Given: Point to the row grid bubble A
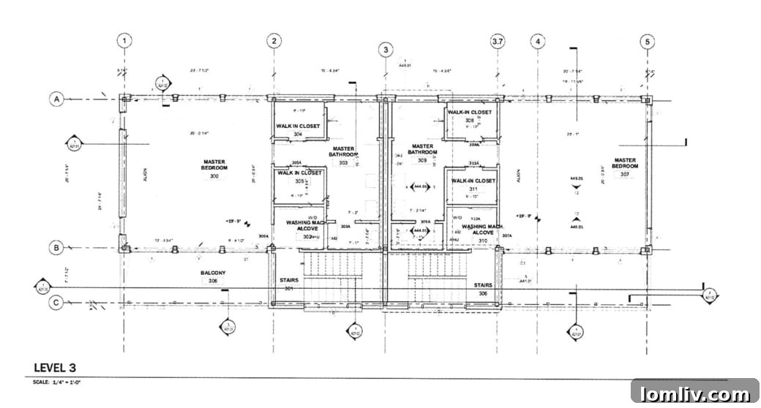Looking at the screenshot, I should pyautogui.click(x=56, y=98).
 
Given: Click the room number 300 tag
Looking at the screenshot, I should pyautogui.click(x=214, y=176).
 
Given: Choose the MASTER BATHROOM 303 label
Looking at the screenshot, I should pyautogui.click(x=343, y=156).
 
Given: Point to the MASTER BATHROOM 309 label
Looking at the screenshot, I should pyautogui.click(x=422, y=153).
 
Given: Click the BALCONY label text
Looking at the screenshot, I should pyautogui.click(x=213, y=273).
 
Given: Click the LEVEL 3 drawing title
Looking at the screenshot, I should pyautogui.click(x=55, y=367).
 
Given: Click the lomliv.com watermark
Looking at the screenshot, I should pyautogui.click(x=694, y=394).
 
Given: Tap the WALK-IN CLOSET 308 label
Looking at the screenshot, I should pyautogui.click(x=470, y=116).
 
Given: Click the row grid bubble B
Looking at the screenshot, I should pyautogui.click(x=56, y=248).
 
